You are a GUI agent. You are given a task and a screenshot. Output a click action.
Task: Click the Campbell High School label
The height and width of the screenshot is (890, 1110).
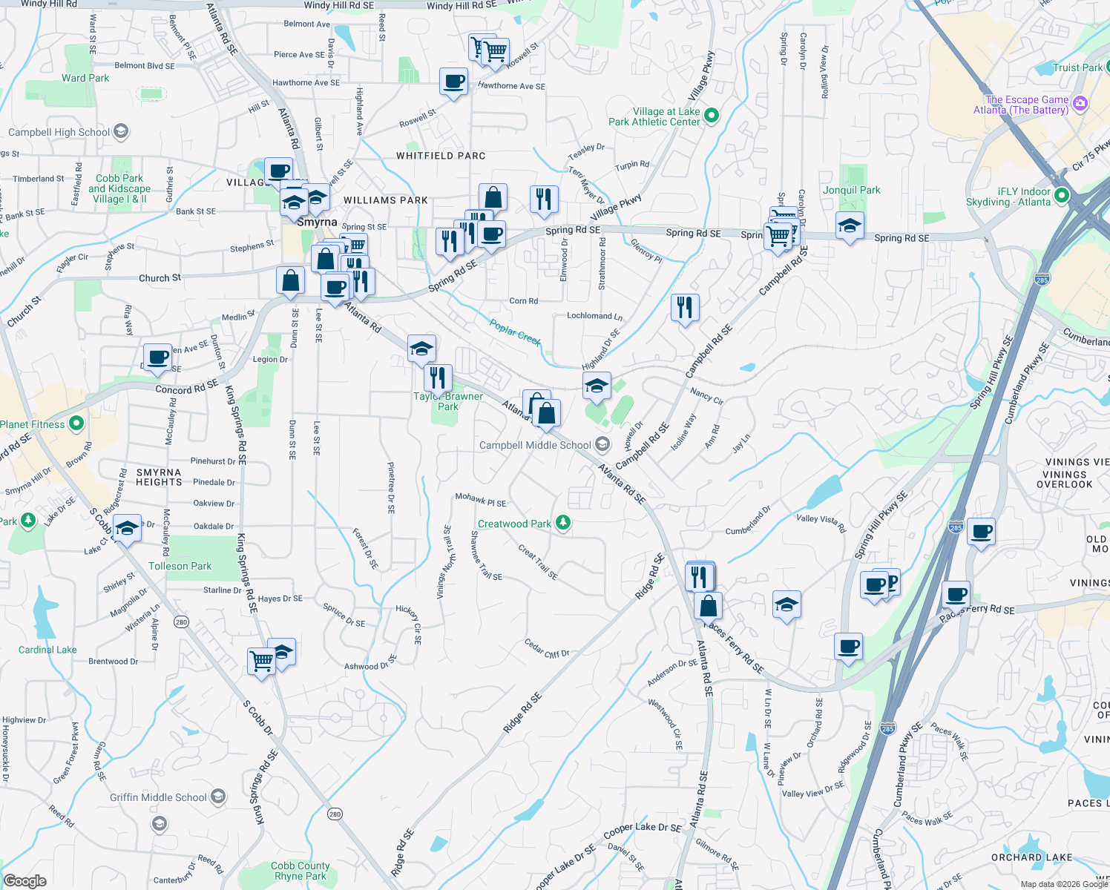click(x=59, y=132)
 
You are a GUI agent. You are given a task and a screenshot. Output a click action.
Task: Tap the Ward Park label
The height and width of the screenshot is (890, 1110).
click(x=85, y=78)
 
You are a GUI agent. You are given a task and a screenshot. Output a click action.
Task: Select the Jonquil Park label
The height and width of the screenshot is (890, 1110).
click(x=851, y=190)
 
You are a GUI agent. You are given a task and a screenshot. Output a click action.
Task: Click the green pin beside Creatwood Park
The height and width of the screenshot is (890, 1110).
click(x=563, y=523)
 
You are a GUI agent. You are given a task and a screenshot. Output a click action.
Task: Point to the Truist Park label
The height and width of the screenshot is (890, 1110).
click(x=1077, y=67)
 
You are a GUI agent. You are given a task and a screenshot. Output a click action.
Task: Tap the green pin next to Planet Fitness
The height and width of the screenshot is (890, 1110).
click(x=76, y=423)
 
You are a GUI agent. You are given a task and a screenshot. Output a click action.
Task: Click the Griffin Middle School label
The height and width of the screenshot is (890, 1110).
click(x=158, y=797)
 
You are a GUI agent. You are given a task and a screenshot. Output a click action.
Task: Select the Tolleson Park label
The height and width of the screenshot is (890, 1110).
click(x=180, y=566)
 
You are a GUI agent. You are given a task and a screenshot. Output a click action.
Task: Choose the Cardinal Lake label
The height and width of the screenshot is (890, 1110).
click(x=47, y=650)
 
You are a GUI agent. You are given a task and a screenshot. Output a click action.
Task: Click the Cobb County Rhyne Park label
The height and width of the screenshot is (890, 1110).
click(x=300, y=871)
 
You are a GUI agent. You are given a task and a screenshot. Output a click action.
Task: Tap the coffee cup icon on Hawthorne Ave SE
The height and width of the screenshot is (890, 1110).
click(x=453, y=82)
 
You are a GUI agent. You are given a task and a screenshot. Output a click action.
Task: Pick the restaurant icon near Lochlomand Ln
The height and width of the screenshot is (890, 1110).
click(x=685, y=306)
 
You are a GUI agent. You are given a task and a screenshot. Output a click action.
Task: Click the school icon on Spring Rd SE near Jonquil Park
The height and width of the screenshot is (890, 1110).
click(x=849, y=225)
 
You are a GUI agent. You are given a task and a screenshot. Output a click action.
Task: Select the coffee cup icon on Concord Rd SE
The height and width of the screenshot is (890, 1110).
click(x=157, y=357)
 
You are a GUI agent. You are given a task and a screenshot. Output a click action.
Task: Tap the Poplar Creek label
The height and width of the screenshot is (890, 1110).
click(x=515, y=332)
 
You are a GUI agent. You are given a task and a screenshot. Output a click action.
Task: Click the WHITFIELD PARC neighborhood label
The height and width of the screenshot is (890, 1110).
click(x=441, y=156)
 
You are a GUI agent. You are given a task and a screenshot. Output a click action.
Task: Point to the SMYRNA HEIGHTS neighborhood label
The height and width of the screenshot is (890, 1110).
click(x=159, y=477)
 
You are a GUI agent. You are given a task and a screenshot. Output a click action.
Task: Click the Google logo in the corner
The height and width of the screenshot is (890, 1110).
click(x=24, y=880)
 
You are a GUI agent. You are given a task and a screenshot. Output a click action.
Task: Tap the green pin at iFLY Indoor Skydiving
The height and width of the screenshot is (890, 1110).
click(x=1061, y=196)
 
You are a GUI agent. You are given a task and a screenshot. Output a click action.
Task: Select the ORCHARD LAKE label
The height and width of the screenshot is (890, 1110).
click(x=1031, y=857)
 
